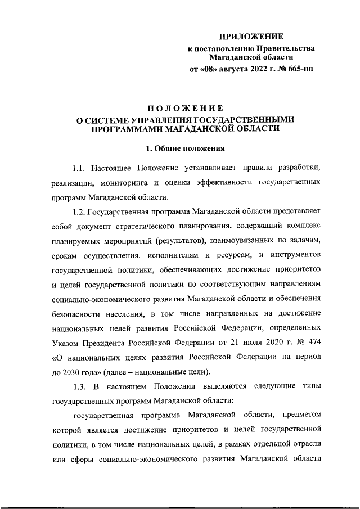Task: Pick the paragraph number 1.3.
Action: [x=80, y=385]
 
